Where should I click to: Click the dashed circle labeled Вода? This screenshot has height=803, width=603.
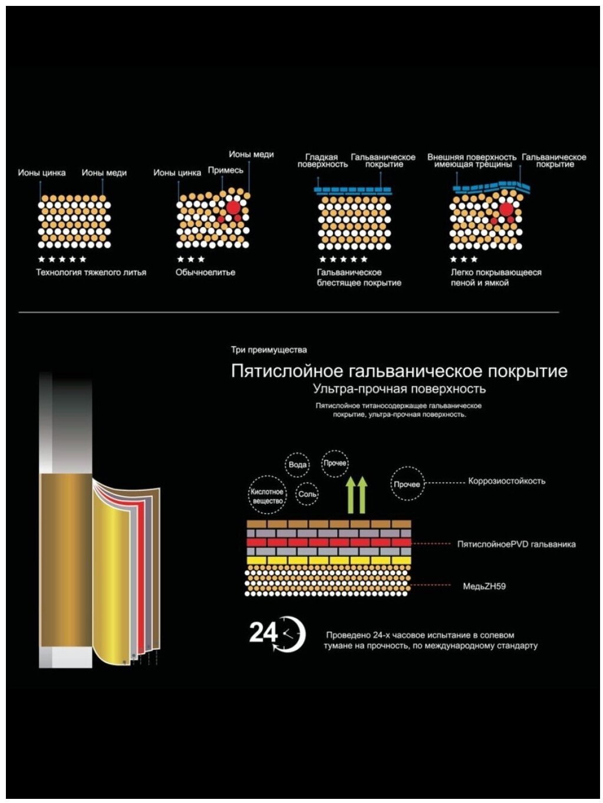(x=298, y=465)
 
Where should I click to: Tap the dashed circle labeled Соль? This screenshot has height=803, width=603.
(x=307, y=494)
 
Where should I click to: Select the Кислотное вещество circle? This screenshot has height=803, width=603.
(x=267, y=496)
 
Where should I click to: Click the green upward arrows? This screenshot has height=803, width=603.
(x=356, y=494)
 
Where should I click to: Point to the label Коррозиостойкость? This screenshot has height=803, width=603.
(x=506, y=481)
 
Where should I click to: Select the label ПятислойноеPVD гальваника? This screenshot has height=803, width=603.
(x=516, y=544)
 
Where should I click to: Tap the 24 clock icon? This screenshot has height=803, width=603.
(x=277, y=634)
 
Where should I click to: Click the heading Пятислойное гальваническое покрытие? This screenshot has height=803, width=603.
(x=399, y=371)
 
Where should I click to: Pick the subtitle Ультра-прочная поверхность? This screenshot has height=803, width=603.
(x=399, y=389)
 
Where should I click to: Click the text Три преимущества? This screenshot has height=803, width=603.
(x=269, y=350)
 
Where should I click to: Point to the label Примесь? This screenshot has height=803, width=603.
(x=225, y=171)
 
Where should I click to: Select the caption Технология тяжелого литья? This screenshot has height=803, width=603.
(x=91, y=273)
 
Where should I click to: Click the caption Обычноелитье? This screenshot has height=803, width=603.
(x=205, y=273)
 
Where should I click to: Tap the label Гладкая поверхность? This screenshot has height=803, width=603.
(x=322, y=160)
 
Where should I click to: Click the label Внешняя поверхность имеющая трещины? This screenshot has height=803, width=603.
(x=472, y=160)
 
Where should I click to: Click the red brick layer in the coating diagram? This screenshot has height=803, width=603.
(x=328, y=542)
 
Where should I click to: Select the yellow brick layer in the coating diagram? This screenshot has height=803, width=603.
(x=328, y=560)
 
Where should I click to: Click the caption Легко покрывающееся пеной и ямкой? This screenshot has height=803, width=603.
(x=496, y=277)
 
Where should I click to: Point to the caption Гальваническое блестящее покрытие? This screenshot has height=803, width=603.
(x=358, y=277)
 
